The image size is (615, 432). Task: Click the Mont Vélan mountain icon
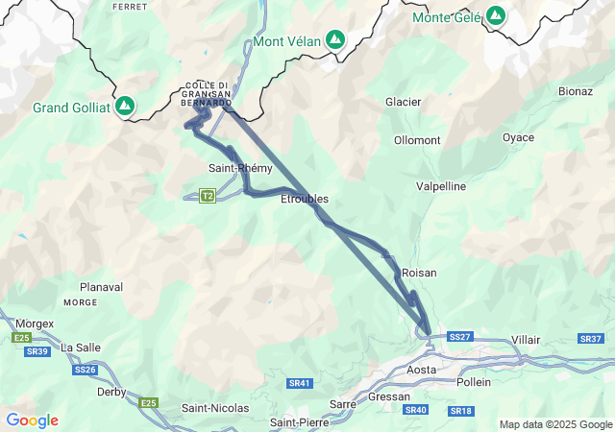coord(334,40)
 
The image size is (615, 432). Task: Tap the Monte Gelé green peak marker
coord(495,16)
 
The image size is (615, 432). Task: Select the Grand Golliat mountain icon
coord(125,106)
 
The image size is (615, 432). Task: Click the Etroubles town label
coord(304,199)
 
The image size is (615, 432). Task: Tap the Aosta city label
coord(422,370)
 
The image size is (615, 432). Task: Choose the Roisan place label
coord(419,273)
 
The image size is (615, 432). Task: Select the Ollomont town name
coord(417,140)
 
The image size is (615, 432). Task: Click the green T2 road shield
coord(208,196)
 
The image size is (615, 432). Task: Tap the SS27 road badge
coord(460,337)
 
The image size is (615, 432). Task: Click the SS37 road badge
coord(590,339)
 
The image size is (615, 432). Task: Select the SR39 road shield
coord(37,352)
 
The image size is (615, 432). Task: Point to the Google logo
coord(32,420)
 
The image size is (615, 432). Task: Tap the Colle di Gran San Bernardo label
coord(206,94)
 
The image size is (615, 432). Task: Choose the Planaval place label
coord(102,287)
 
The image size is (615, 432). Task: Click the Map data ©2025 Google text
coord(553,424)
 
